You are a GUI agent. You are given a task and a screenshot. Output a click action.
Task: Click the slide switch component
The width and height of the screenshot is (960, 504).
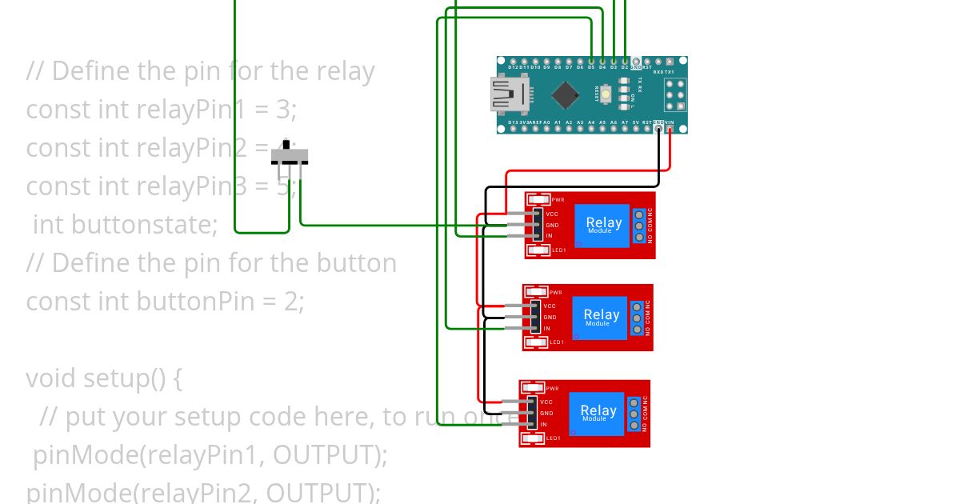click(x=289, y=155)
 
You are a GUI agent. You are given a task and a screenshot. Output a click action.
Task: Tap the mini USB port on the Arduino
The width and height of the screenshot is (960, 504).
click(x=504, y=94)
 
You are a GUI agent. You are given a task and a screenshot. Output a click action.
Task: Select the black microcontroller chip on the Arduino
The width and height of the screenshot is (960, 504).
click(x=566, y=95)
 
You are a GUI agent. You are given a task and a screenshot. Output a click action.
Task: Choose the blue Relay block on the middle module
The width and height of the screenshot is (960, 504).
click(x=601, y=317)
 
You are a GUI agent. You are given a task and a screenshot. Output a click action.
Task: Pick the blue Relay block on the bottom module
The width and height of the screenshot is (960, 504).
click(x=598, y=413)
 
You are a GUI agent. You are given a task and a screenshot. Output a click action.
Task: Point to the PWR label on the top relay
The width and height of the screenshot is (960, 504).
click(x=558, y=200)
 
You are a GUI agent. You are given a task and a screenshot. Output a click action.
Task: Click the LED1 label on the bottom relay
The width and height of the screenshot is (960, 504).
click(x=553, y=438)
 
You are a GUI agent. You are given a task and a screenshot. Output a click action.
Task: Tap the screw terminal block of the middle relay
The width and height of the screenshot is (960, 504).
click(x=636, y=318)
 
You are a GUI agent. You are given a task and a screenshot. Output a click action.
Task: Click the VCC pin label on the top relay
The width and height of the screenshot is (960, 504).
click(x=552, y=214)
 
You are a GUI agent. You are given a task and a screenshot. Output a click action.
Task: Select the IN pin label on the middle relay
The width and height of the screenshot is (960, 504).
click(x=547, y=329)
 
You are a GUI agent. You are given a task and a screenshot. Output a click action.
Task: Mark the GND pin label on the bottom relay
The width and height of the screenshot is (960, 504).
click(x=546, y=413)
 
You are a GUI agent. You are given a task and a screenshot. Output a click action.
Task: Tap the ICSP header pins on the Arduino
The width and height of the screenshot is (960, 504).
click(x=675, y=95)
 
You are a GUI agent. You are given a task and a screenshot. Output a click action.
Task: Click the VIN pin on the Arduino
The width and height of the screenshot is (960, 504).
click(x=670, y=128)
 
